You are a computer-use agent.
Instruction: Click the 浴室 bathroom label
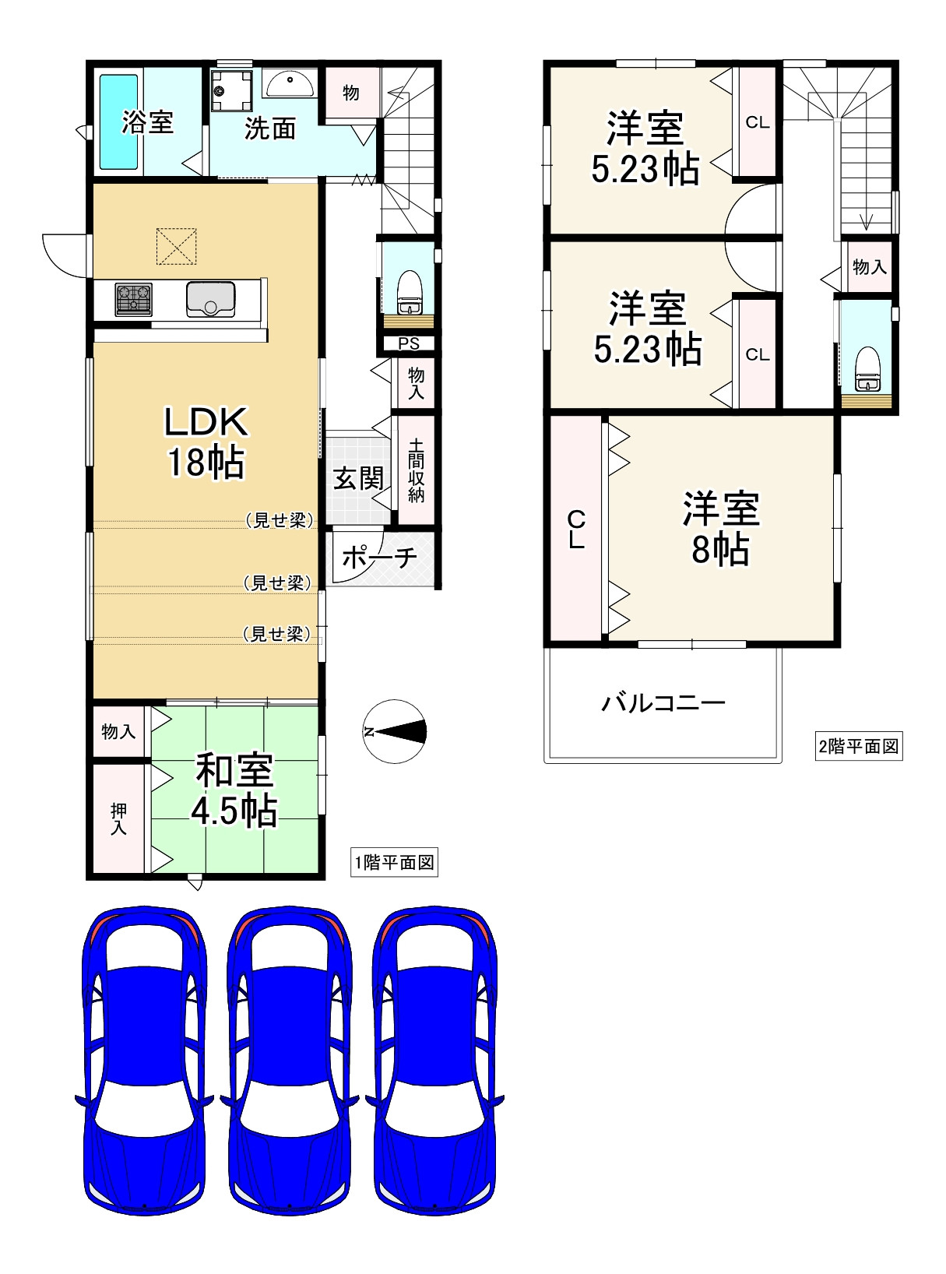[x=147, y=122]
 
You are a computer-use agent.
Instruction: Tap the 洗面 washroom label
[x=270, y=128]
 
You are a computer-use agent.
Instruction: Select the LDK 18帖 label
[x=206, y=442]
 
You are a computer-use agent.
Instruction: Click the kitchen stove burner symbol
[x=134, y=300]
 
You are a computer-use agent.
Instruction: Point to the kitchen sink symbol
[x=211, y=299]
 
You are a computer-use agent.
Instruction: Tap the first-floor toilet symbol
[x=410, y=290]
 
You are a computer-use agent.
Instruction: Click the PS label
[x=409, y=343]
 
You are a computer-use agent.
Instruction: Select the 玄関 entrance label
[x=358, y=478]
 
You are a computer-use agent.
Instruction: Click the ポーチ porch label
[x=379, y=557]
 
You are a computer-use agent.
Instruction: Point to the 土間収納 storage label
[x=417, y=470]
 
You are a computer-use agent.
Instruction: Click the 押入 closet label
[x=118, y=818]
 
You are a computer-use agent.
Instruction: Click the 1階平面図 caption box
[x=394, y=863]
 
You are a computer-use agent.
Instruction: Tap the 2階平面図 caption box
[x=859, y=747]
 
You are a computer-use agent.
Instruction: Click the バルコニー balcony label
[x=663, y=704]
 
